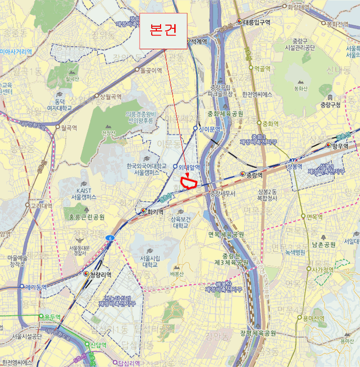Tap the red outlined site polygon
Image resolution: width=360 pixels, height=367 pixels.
pos(188,182)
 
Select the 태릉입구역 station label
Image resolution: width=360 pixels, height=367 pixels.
pos(257,22)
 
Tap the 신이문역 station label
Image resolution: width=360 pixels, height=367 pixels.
pos(209,129)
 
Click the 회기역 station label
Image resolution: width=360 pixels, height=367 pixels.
pos(155,212)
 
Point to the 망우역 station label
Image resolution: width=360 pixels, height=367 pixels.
pos(340,145)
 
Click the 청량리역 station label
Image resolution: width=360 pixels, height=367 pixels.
pos(99,274)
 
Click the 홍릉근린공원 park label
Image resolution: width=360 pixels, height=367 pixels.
pos(87,217)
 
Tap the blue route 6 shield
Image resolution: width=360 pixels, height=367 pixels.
pos(110,238)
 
